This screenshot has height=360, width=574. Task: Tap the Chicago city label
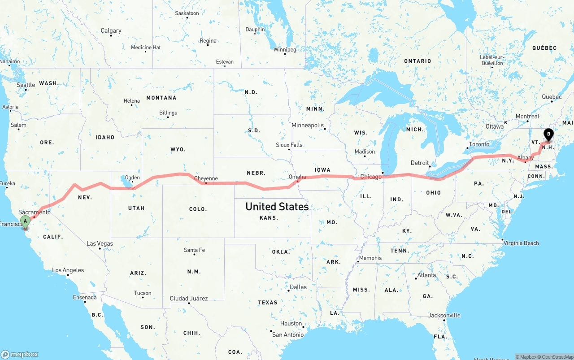click(370, 177)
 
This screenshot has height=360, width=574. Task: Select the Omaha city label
click(297, 177)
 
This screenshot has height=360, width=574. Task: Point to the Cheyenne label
click(206, 178)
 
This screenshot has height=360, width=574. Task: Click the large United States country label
click(277, 207)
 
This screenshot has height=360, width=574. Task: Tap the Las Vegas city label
click(100, 244)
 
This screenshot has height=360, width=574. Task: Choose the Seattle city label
click(26, 85)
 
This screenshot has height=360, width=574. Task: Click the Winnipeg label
click(285, 49)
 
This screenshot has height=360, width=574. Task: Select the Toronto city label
click(479, 144)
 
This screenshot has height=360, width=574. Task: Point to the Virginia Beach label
click(521, 243)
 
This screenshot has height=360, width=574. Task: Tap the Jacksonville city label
click(444, 315)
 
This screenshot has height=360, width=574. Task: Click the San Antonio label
click(288, 334)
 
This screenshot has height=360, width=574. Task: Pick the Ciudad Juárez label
click(188, 298)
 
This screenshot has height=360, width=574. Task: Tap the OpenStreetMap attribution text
click(557, 357)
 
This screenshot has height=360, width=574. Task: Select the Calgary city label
click(111, 30)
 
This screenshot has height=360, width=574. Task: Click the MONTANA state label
click(161, 98)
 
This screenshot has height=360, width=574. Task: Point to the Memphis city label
click(370, 258)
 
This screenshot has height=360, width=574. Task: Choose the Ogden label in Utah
click(132, 178)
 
